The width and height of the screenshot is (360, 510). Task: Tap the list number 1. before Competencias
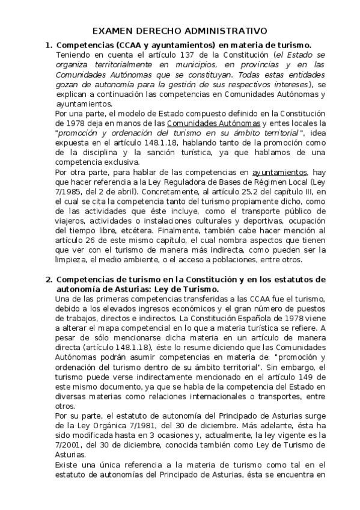pyautogui.click(x=49, y=45)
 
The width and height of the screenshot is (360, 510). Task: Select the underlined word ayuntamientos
pyautogui.click(x=279, y=172)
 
